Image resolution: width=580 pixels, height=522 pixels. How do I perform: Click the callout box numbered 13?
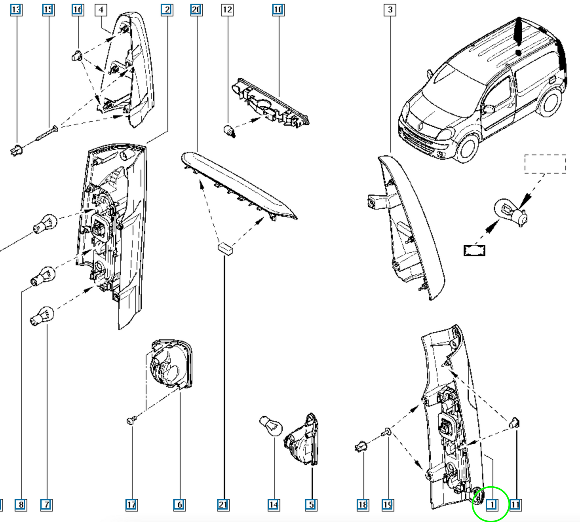tap(16, 10)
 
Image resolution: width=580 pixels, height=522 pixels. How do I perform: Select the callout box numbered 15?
tap(48, 10)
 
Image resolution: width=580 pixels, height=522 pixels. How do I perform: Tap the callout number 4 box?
tap(101, 10)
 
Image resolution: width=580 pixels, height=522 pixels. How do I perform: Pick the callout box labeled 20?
tap(196, 10)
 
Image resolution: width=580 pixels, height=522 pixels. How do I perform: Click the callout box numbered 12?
tap(227, 10)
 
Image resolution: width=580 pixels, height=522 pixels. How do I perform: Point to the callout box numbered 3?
tap(390, 10)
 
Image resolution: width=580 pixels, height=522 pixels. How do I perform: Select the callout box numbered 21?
tap(223, 505)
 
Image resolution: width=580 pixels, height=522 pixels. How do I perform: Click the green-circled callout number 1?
tap(492, 505)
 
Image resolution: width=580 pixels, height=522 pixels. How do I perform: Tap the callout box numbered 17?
tap(132, 505)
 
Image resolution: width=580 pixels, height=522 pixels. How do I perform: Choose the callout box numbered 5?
tap(311, 505)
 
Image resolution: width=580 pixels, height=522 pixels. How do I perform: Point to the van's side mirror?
tap(488, 109)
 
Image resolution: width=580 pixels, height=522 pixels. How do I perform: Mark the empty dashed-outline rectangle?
tap(545, 164)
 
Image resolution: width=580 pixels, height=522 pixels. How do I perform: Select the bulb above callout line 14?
tap(271, 426)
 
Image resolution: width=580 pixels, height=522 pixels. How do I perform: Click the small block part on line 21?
tap(225, 249)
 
